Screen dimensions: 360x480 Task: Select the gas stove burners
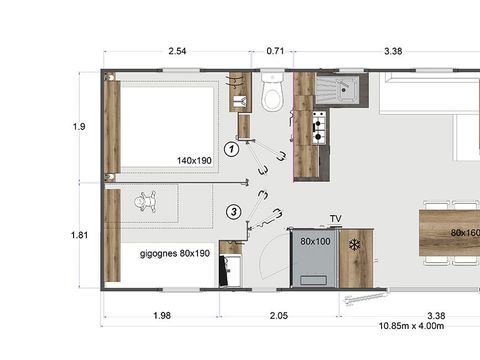point(319,128)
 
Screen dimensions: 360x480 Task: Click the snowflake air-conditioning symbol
point(353,244)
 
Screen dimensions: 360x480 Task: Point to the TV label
point(337,218)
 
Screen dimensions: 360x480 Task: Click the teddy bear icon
point(147,202)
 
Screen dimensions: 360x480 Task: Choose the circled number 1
point(231,150)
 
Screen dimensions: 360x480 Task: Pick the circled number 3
point(233,211)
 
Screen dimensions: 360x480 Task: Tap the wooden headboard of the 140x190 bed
point(112,126)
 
